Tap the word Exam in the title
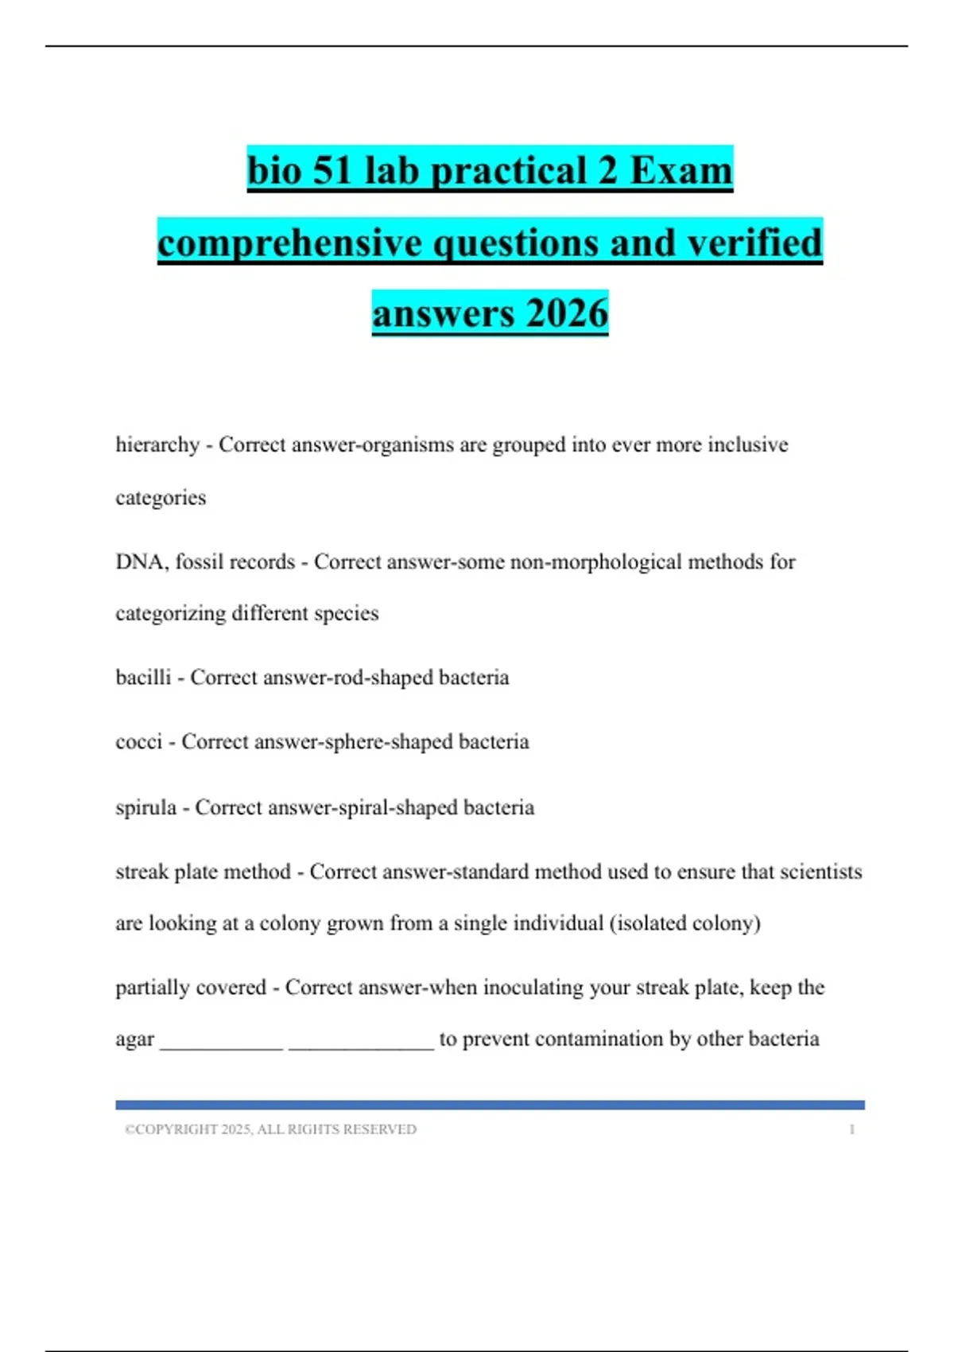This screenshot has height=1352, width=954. tap(681, 170)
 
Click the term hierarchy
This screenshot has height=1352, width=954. tap(157, 445)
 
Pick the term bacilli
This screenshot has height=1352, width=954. tap(143, 678)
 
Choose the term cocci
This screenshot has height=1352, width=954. tap(138, 742)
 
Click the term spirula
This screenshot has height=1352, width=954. tap(145, 807)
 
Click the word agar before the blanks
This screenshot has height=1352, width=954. tap(134, 1040)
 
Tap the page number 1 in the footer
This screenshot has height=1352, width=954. tap(851, 1129)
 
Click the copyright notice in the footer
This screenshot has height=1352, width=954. tap(270, 1129)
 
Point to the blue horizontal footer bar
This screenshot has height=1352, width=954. tap(490, 1105)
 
